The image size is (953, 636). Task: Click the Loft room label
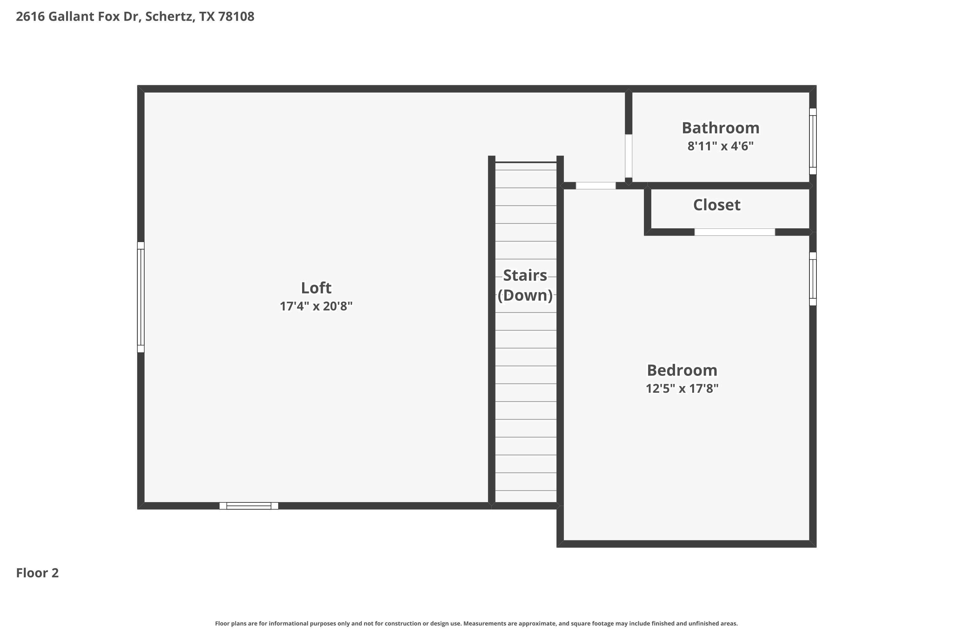tap(316, 288)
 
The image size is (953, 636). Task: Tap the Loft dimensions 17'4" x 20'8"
tap(316, 306)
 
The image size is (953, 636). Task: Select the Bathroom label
tap(720, 128)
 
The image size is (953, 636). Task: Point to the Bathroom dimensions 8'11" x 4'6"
tap(720, 146)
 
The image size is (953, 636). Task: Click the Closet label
tap(717, 205)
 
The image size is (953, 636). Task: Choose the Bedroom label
tap(682, 370)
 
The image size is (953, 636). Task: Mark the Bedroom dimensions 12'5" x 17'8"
tap(682, 389)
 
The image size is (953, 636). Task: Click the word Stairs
tap(525, 275)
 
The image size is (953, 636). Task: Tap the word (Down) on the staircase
tap(525, 295)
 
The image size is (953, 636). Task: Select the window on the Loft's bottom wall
tap(249, 506)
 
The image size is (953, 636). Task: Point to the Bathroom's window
tap(813, 141)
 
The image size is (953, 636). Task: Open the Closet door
tap(734, 232)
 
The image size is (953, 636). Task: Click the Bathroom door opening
tap(628, 156)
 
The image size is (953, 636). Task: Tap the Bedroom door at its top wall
tap(596, 186)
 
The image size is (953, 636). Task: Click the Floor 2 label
tap(37, 573)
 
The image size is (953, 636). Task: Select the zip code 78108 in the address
tap(236, 17)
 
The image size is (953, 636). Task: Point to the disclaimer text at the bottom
tap(476, 623)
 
